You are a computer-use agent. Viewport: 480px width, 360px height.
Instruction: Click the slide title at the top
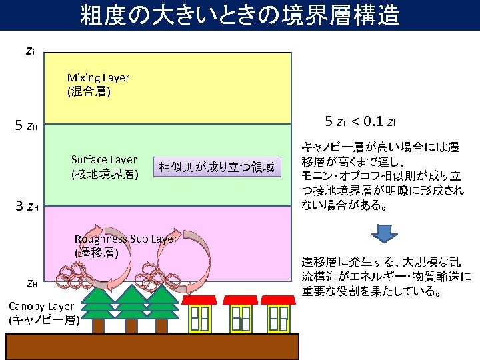(x=240, y=15)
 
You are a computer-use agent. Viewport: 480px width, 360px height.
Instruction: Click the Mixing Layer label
(x=98, y=85)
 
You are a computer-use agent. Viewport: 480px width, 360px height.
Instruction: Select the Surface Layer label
(x=105, y=167)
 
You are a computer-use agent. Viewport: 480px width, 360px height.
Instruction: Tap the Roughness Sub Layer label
(x=126, y=245)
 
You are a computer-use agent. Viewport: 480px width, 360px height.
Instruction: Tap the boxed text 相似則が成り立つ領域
(x=216, y=167)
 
